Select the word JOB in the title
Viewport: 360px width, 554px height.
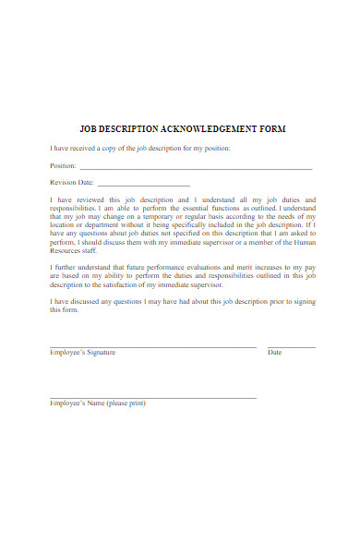point(89,128)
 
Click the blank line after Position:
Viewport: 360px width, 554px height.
point(196,169)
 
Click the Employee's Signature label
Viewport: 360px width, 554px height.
point(82,353)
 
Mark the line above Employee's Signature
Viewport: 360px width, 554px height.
point(152,346)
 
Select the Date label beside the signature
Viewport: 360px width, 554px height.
point(274,353)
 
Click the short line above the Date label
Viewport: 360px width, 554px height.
point(291,346)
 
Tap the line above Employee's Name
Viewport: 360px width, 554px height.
point(152,397)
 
